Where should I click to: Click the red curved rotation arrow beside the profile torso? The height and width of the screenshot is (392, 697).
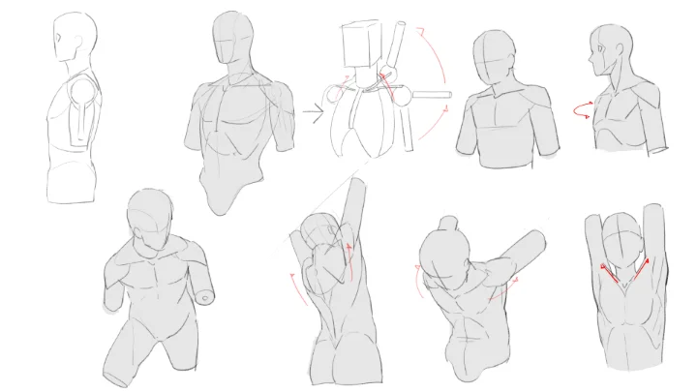tap(582, 111)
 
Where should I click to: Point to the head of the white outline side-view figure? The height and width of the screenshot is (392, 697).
tap(73, 39)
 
